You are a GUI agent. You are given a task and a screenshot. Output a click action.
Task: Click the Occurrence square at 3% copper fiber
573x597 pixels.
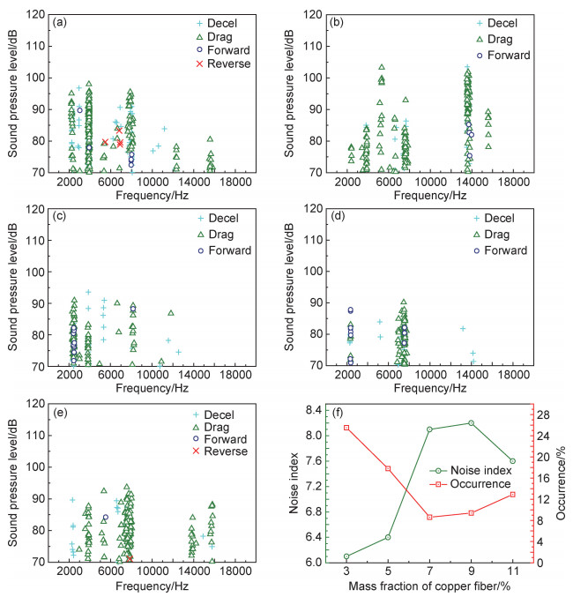click(346, 428)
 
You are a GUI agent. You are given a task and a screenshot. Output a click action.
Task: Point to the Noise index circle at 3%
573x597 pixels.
click(346, 556)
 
